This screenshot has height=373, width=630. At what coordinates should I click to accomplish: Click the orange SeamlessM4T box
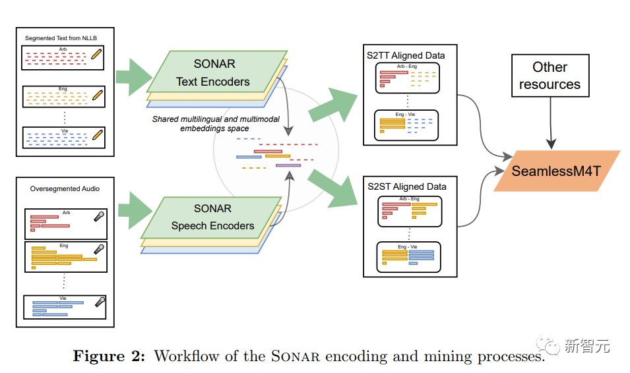[557, 171]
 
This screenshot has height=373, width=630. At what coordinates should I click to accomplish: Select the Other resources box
[550, 76]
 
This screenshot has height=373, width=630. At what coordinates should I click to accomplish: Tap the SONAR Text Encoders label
[213, 72]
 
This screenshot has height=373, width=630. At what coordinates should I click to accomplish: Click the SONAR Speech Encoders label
[212, 217]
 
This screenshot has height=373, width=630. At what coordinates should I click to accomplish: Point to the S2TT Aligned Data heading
[406, 55]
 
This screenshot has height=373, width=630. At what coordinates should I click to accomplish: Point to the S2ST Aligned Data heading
[406, 186]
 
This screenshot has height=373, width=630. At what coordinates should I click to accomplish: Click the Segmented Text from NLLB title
[61, 38]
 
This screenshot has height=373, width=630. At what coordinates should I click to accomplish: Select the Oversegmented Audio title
[65, 188]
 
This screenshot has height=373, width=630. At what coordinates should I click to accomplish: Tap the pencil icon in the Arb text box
[96, 54]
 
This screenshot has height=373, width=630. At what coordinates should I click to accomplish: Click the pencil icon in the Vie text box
[98, 134]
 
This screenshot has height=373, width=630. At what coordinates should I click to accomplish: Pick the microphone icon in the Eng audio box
[99, 249]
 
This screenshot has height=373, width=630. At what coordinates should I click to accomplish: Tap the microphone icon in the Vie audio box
[100, 302]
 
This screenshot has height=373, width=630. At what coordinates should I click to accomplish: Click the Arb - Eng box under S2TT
[408, 78]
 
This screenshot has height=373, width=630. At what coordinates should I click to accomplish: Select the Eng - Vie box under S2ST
[408, 257]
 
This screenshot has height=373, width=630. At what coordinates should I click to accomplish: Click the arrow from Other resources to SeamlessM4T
[551, 123]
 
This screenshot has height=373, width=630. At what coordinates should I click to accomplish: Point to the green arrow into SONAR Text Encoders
[134, 76]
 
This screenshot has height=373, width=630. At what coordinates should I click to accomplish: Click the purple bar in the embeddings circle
[288, 165]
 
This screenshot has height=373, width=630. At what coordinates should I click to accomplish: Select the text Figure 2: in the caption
[109, 356]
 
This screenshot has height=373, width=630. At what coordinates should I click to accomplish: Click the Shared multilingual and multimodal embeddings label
[216, 124]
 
